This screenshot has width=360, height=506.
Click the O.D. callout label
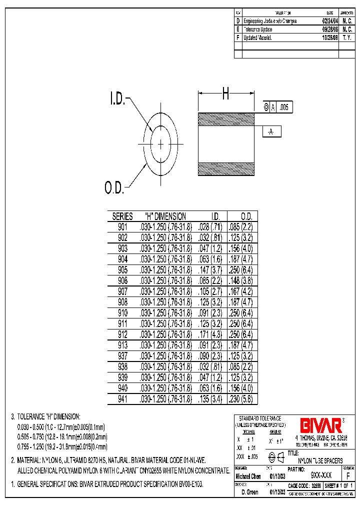114,188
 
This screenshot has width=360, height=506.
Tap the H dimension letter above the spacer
226,93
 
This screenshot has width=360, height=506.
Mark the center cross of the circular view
160,144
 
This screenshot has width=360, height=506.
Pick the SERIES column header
122,216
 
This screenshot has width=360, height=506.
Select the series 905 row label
122,270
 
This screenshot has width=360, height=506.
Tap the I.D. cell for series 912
211,334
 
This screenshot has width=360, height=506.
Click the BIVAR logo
320,425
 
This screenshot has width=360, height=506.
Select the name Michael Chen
248,476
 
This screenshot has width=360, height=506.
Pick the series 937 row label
122,356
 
